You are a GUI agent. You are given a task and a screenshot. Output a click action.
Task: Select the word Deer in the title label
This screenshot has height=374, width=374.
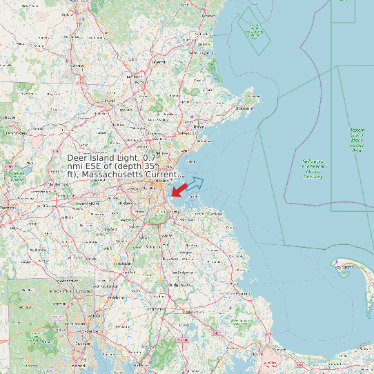click(x=79, y=158)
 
